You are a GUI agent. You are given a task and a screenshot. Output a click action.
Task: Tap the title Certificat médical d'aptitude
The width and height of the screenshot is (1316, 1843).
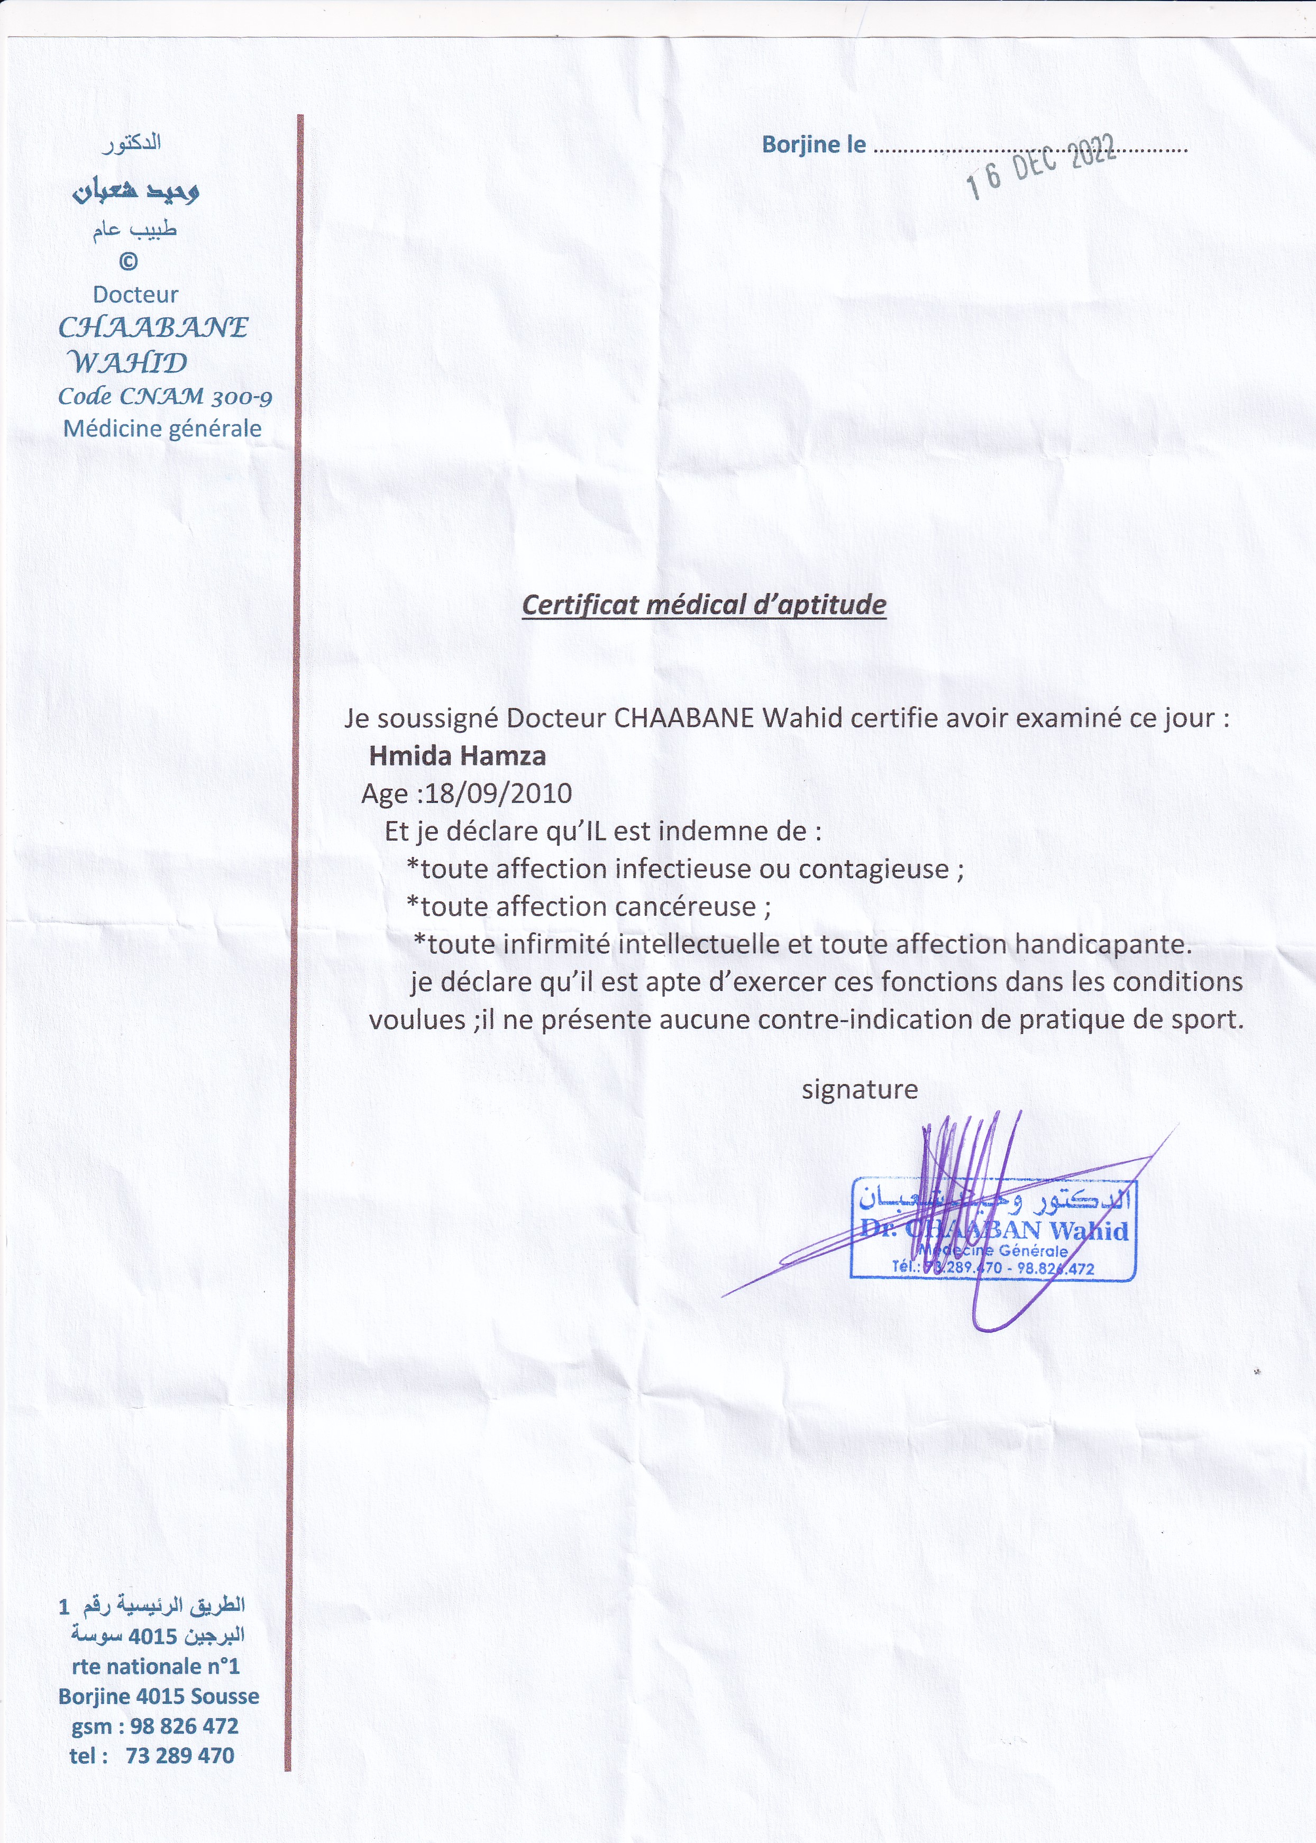pyautogui.click(x=703, y=605)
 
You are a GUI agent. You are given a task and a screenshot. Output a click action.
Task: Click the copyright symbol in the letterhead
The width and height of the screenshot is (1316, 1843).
pyautogui.click(x=128, y=261)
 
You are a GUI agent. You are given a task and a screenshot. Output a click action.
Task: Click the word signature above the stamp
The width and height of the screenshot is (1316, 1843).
pyautogui.click(x=859, y=1089)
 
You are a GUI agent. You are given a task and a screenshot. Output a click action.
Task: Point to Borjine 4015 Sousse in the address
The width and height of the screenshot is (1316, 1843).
pyautogui.click(x=159, y=1696)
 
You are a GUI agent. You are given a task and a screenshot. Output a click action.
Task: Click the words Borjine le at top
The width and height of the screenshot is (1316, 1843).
pyautogui.click(x=814, y=145)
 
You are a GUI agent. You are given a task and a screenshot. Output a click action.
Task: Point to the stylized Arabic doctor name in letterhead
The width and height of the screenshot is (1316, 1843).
pyautogui.click(x=136, y=191)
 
